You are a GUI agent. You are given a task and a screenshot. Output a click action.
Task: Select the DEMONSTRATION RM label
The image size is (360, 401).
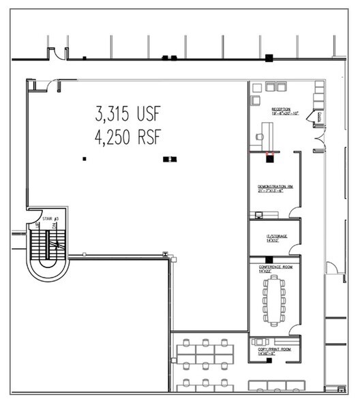pos(275,188)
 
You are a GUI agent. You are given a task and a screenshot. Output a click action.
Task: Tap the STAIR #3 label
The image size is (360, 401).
pos(50,219)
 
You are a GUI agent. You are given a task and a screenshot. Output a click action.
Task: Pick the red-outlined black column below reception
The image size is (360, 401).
pos(270,154)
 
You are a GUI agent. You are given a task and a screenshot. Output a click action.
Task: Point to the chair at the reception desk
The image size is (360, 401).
pos(259,136)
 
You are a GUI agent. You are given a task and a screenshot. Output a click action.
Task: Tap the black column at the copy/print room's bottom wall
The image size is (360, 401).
pos(271,361)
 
